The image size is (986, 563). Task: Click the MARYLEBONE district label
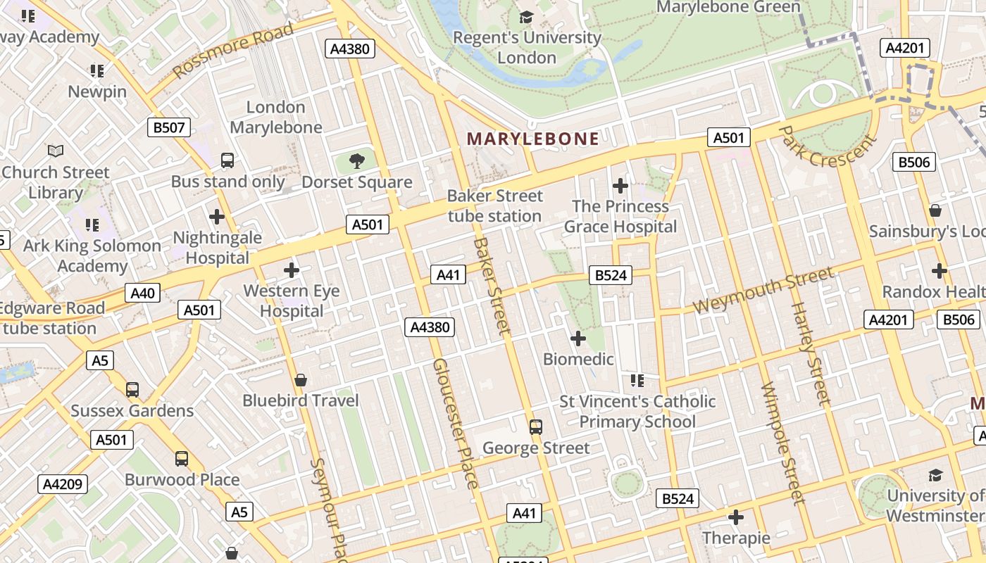point(533,139)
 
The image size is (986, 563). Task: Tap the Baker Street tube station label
point(495,205)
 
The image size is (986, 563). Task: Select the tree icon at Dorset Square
point(357,160)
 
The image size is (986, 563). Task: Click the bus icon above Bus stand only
point(227,160)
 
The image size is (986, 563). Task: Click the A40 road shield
point(143,293)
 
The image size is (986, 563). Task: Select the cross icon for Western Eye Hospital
point(291,270)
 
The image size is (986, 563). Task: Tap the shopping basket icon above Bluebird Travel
point(301,380)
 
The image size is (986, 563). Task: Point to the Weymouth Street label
point(763,291)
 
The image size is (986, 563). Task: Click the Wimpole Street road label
point(782,443)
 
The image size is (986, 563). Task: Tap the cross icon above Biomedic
point(578,339)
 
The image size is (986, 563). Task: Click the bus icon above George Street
point(536,426)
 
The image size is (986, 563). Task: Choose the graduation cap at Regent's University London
point(526,18)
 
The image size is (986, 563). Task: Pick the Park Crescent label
point(829,147)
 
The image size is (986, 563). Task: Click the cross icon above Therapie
point(735,518)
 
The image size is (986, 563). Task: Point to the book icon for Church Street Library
point(56,151)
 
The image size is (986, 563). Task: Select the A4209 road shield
point(63,484)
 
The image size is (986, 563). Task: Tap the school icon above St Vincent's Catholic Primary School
point(637,381)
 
